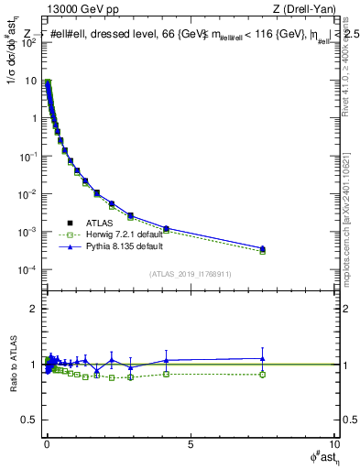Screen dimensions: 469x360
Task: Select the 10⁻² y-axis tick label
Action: (27, 194)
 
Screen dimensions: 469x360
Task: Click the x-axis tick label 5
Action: (190, 443)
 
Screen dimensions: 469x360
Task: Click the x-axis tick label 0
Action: (46, 443)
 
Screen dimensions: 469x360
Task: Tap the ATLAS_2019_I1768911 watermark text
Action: (190, 273)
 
